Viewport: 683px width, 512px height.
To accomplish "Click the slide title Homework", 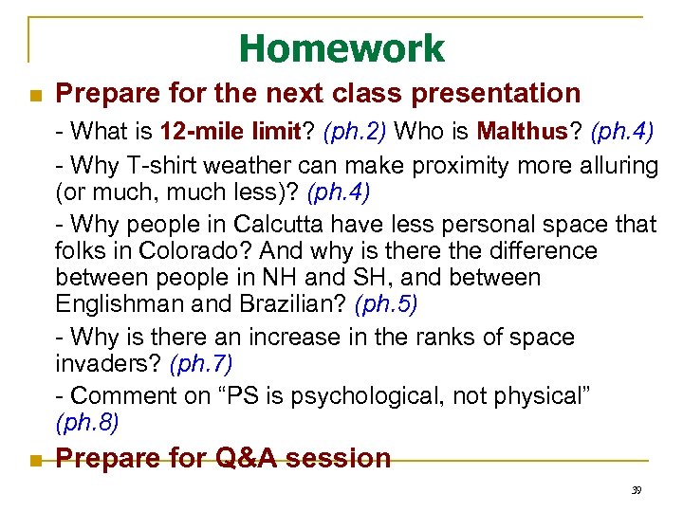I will [341, 48].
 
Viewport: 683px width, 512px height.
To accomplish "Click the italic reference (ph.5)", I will [385, 304].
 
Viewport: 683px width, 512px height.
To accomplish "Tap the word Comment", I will [115, 394].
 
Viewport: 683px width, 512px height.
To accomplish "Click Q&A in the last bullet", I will [248, 458].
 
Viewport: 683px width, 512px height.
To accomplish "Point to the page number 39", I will [636, 490].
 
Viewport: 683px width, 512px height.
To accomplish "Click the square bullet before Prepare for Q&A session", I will [34, 460].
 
